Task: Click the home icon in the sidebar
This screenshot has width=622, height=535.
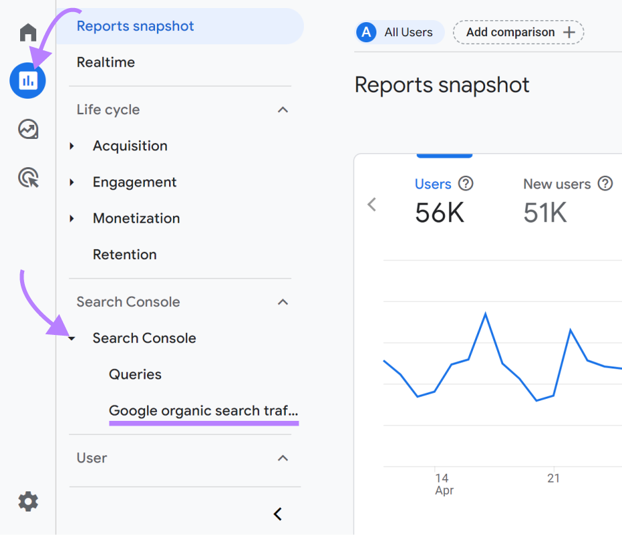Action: coord(28,32)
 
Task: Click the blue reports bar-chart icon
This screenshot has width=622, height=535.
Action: coord(28,81)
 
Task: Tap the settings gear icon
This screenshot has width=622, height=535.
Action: coord(28,501)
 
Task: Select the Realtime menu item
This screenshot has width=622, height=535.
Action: coord(105,62)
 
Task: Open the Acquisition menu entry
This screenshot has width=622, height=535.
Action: coord(129,146)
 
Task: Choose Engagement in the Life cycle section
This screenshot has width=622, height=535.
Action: coord(134,182)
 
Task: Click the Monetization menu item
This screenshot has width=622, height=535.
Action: coord(136,218)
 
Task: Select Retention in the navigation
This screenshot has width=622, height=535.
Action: coord(124,254)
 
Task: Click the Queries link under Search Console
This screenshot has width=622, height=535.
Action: coord(135,374)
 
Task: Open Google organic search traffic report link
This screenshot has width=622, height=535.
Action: coord(203,410)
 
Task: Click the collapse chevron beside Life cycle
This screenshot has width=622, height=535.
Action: coord(283,109)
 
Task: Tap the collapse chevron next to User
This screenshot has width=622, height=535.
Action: coord(283,458)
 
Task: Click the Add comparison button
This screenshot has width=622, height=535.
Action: coord(518,32)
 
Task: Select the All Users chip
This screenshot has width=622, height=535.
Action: coord(400,32)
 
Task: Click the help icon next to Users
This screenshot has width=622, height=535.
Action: coord(465,183)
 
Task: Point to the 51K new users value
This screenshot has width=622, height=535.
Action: coord(545,213)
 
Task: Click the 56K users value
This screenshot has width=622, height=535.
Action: coord(439,213)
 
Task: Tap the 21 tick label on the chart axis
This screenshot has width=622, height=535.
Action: coord(553,479)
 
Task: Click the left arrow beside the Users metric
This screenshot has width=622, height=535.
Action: coord(372,204)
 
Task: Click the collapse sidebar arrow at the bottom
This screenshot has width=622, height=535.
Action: coord(278,514)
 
